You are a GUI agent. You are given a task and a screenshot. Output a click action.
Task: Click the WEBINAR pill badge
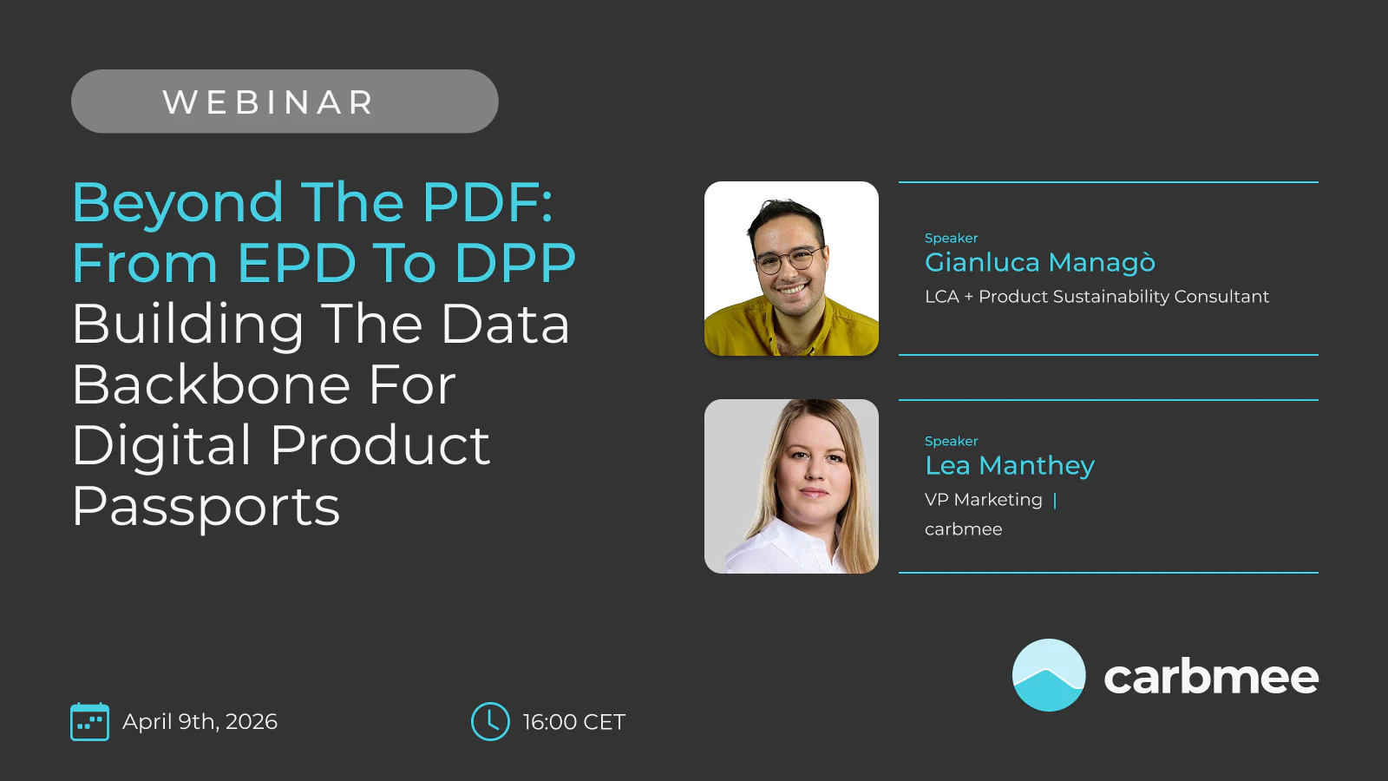click(x=285, y=101)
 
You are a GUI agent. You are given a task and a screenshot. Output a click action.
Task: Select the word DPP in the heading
click(x=515, y=263)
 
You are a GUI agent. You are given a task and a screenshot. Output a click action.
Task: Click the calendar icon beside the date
click(x=90, y=721)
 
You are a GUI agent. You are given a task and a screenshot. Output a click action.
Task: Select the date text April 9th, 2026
click(x=200, y=721)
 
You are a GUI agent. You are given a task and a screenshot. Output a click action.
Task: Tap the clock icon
click(x=490, y=721)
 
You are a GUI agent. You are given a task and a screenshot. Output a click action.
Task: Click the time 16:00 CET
click(x=573, y=722)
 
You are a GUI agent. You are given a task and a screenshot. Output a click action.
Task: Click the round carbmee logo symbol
click(x=1049, y=675)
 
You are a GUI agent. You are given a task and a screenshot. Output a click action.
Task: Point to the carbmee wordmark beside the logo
click(x=1211, y=677)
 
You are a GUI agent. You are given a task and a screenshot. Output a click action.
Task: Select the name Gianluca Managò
click(x=1040, y=262)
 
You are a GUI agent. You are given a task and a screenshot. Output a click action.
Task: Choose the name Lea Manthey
click(x=1010, y=465)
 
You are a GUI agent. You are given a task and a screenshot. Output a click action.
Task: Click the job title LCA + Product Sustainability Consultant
click(x=1097, y=297)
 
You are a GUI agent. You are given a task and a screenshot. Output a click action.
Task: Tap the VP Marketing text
click(x=984, y=500)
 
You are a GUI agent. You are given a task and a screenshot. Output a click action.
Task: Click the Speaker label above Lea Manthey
click(x=951, y=442)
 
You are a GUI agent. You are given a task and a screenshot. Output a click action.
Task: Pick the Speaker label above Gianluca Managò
click(x=951, y=238)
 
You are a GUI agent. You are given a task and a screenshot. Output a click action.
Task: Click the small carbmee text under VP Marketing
click(x=964, y=529)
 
